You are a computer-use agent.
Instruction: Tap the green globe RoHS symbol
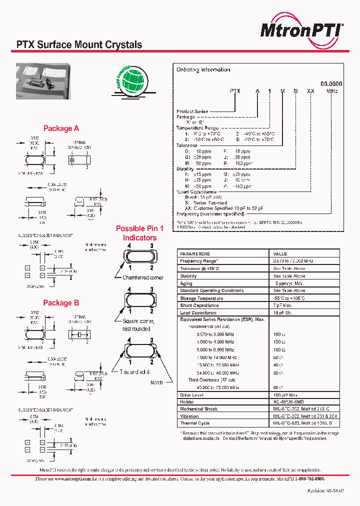click(x=130, y=79)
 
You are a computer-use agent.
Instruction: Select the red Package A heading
click(x=61, y=128)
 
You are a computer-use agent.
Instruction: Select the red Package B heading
click(x=61, y=303)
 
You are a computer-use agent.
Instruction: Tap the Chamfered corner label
click(x=143, y=277)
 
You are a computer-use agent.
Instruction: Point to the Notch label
click(x=156, y=382)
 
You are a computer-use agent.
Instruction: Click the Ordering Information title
click(x=203, y=70)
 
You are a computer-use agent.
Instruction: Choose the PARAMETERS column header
click(x=195, y=254)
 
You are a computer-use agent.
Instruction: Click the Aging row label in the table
click(x=186, y=283)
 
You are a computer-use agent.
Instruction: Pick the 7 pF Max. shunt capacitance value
click(x=283, y=305)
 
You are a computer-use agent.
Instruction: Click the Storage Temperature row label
click(x=201, y=298)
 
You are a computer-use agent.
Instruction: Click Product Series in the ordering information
click(x=192, y=111)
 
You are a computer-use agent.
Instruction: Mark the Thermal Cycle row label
click(x=194, y=423)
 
